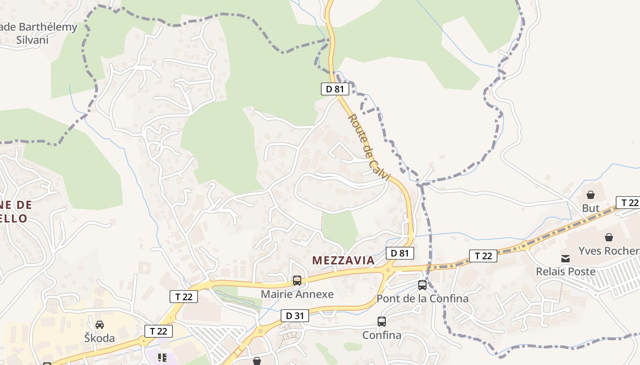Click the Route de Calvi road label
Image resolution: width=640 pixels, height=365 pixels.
(x=368, y=147)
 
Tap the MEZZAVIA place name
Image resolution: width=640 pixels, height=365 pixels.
(x=343, y=261)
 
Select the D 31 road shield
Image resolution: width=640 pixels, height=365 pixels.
(x=295, y=315)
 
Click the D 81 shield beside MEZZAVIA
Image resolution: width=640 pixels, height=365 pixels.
(x=400, y=253)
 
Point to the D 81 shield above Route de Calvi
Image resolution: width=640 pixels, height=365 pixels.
(x=335, y=89)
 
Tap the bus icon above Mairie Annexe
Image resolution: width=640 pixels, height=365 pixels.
(x=297, y=281)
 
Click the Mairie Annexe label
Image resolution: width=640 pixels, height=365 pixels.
(x=297, y=294)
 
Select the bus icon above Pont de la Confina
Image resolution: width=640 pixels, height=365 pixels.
(x=422, y=285)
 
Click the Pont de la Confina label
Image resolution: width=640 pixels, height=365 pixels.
(x=422, y=299)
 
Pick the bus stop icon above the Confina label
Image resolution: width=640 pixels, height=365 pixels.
(x=382, y=322)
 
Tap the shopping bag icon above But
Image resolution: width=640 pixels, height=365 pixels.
(x=591, y=195)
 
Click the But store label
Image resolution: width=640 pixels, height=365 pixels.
(x=591, y=209)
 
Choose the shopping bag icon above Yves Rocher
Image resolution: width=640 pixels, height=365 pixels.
(x=609, y=237)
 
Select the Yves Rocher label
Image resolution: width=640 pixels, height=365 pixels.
(x=608, y=251)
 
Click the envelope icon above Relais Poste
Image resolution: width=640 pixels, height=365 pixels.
(x=566, y=259)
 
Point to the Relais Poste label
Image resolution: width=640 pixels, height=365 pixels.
(x=566, y=272)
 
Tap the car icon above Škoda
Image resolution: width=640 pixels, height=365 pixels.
(x=100, y=325)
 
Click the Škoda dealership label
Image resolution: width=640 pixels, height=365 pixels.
(x=100, y=339)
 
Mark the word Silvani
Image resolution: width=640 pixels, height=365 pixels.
(x=32, y=40)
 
